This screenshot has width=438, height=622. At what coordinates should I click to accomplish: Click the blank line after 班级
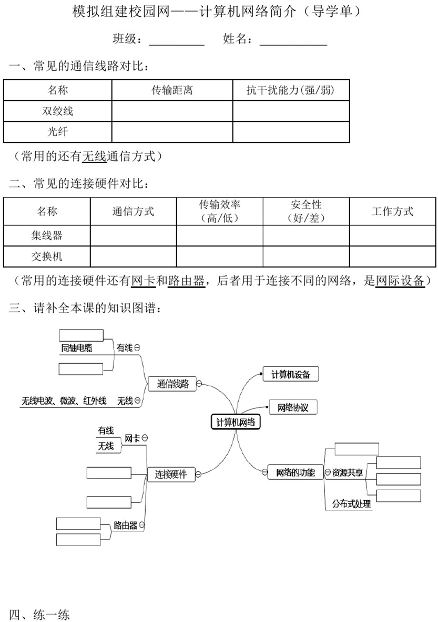(x=177, y=46)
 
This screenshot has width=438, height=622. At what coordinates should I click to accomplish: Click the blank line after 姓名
(x=293, y=46)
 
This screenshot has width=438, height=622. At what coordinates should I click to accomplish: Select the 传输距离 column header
(x=172, y=90)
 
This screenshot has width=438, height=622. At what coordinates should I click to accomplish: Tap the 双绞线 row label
(x=58, y=111)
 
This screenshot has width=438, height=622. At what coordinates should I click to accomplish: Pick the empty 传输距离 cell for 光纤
(x=172, y=132)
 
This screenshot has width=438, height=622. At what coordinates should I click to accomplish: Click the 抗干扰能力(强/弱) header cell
(x=291, y=90)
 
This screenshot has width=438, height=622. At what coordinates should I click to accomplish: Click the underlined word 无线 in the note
(x=94, y=156)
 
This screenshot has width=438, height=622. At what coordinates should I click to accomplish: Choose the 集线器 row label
(x=47, y=236)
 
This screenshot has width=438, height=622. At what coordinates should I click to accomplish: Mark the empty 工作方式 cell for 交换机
(x=393, y=256)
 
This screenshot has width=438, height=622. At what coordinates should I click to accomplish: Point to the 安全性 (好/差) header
(x=306, y=212)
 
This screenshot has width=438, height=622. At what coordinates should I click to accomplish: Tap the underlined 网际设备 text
(x=400, y=281)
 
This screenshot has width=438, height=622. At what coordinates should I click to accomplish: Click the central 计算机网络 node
(x=235, y=422)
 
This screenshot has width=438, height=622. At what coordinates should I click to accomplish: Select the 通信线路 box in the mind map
(x=172, y=384)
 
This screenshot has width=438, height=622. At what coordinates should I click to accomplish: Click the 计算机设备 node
(x=291, y=374)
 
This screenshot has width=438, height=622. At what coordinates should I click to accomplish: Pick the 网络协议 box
(x=293, y=407)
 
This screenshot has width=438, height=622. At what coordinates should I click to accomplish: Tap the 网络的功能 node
(x=296, y=472)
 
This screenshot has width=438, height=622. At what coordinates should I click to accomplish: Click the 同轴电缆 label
(x=77, y=348)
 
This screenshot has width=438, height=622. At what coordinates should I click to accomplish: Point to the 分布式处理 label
(x=351, y=504)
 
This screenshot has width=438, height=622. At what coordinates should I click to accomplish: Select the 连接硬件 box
(x=171, y=474)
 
